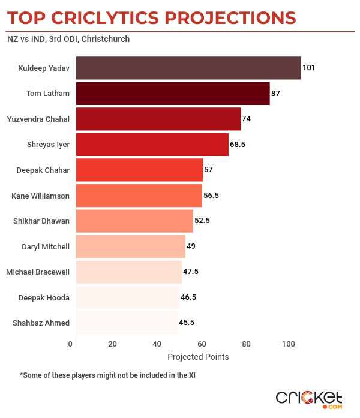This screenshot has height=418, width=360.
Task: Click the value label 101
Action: tap(309, 68)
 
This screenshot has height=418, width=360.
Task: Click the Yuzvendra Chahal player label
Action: tap(38, 119)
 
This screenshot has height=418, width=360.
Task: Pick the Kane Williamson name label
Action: tap(41, 196)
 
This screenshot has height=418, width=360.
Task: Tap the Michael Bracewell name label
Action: tap(38, 272)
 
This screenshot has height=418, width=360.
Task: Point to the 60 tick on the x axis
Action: tap(202, 344)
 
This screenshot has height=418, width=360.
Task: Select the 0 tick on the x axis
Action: tap(71, 344)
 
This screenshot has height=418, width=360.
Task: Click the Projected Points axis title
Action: tap(198, 357)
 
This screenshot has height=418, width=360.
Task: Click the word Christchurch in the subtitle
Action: tap(105, 40)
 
